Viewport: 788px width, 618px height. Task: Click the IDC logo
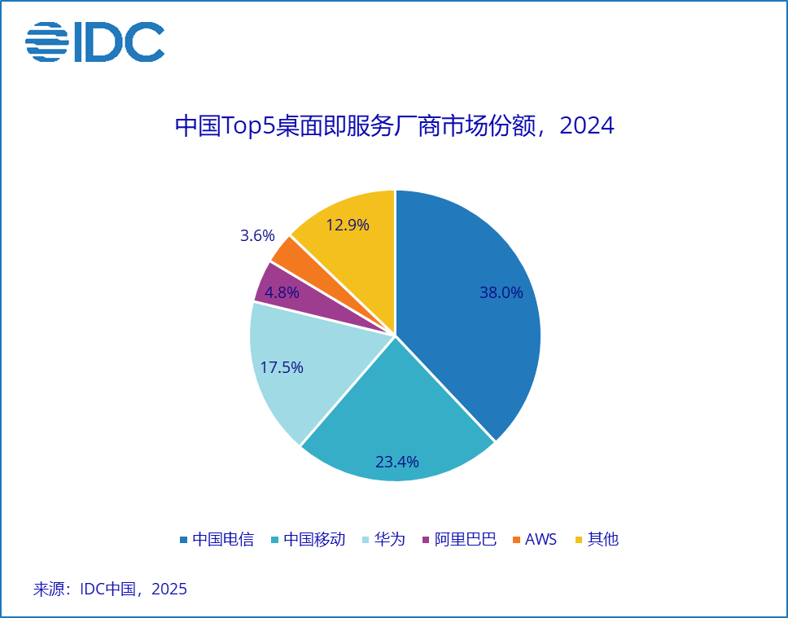(x=94, y=42)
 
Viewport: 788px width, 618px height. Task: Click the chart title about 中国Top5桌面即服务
(x=394, y=126)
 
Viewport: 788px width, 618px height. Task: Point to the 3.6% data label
(x=257, y=236)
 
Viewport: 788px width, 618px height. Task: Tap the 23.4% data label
(x=397, y=462)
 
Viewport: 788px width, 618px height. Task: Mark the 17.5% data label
(x=282, y=367)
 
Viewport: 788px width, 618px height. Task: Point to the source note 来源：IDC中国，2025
(x=110, y=589)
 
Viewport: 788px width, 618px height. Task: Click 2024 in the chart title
(x=587, y=126)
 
